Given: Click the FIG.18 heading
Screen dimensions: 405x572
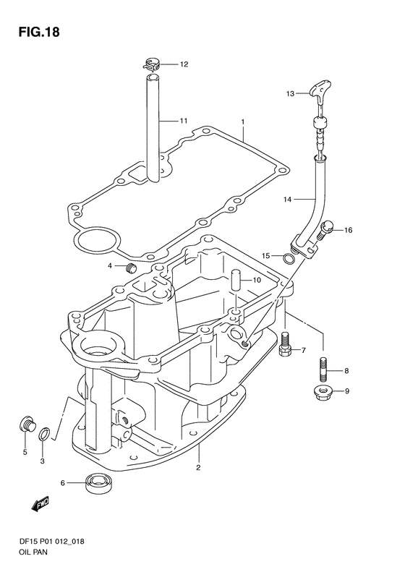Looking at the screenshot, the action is pyautogui.click(x=38, y=32).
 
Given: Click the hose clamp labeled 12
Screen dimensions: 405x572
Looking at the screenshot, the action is pyautogui.click(x=153, y=64).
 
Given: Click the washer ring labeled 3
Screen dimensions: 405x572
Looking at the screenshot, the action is pyautogui.click(x=45, y=433).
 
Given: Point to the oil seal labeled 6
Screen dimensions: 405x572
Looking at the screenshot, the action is pyautogui.click(x=99, y=482).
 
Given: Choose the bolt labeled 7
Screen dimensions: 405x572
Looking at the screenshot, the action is pyautogui.click(x=285, y=346).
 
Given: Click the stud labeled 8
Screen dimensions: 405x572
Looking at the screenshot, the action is pyautogui.click(x=323, y=370).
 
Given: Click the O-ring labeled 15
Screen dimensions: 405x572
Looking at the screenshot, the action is pyautogui.click(x=289, y=258).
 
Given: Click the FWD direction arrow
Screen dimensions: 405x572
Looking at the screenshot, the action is pyautogui.click(x=40, y=505).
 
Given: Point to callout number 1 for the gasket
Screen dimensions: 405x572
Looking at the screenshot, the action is pyautogui.click(x=242, y=121).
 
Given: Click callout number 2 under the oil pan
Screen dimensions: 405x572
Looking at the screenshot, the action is pyautogui.click(x=198, y=467).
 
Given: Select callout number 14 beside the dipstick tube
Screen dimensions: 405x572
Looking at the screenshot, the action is pyautogui.click(x=288, y=199).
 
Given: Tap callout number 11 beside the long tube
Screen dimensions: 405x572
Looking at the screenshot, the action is pyautogui.click(x=183, y=120).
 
